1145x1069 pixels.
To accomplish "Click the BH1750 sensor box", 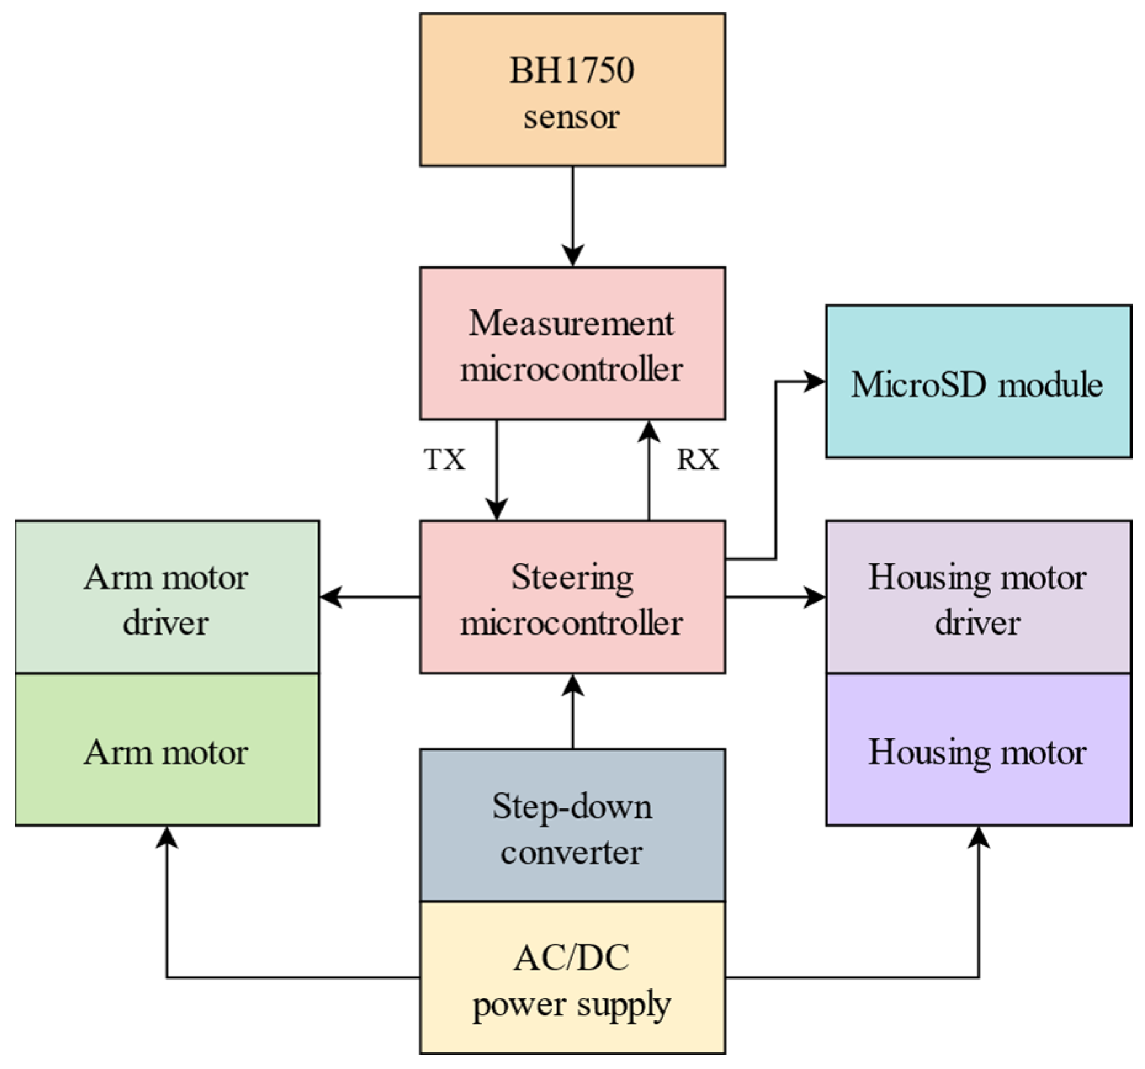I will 572,90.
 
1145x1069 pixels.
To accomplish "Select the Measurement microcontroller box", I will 572,344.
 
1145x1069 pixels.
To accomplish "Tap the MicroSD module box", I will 978,382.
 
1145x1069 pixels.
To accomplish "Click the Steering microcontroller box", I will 572,598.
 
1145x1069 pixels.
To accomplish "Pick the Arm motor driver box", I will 167,598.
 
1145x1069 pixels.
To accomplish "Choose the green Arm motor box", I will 167,750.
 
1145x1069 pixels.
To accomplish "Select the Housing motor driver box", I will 978,598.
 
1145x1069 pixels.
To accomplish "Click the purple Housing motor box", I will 978,750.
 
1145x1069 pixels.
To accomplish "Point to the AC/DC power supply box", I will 572,980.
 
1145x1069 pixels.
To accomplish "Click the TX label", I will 444,460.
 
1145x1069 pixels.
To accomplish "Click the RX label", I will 698,460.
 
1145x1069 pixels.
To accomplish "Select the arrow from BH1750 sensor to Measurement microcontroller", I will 573,216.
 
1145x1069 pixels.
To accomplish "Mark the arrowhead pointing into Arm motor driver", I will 331,597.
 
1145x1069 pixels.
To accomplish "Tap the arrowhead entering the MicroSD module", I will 815,381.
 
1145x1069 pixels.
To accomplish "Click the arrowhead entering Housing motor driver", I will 815,597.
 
